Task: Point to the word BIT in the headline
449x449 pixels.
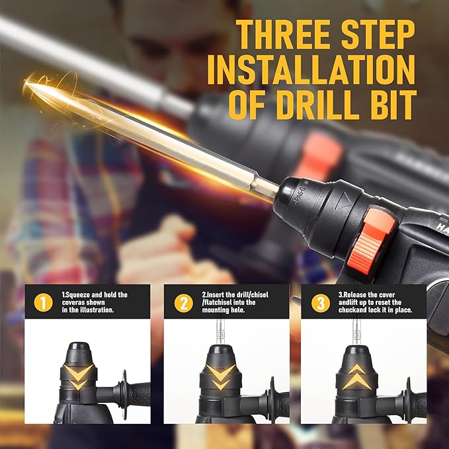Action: (395, 104)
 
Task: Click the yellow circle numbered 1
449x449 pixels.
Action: (43, 304)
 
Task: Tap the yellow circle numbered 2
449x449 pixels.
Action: (183, 304)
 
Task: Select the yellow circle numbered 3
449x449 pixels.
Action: (321, 304)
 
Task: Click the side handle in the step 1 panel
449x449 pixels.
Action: (129, 395)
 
